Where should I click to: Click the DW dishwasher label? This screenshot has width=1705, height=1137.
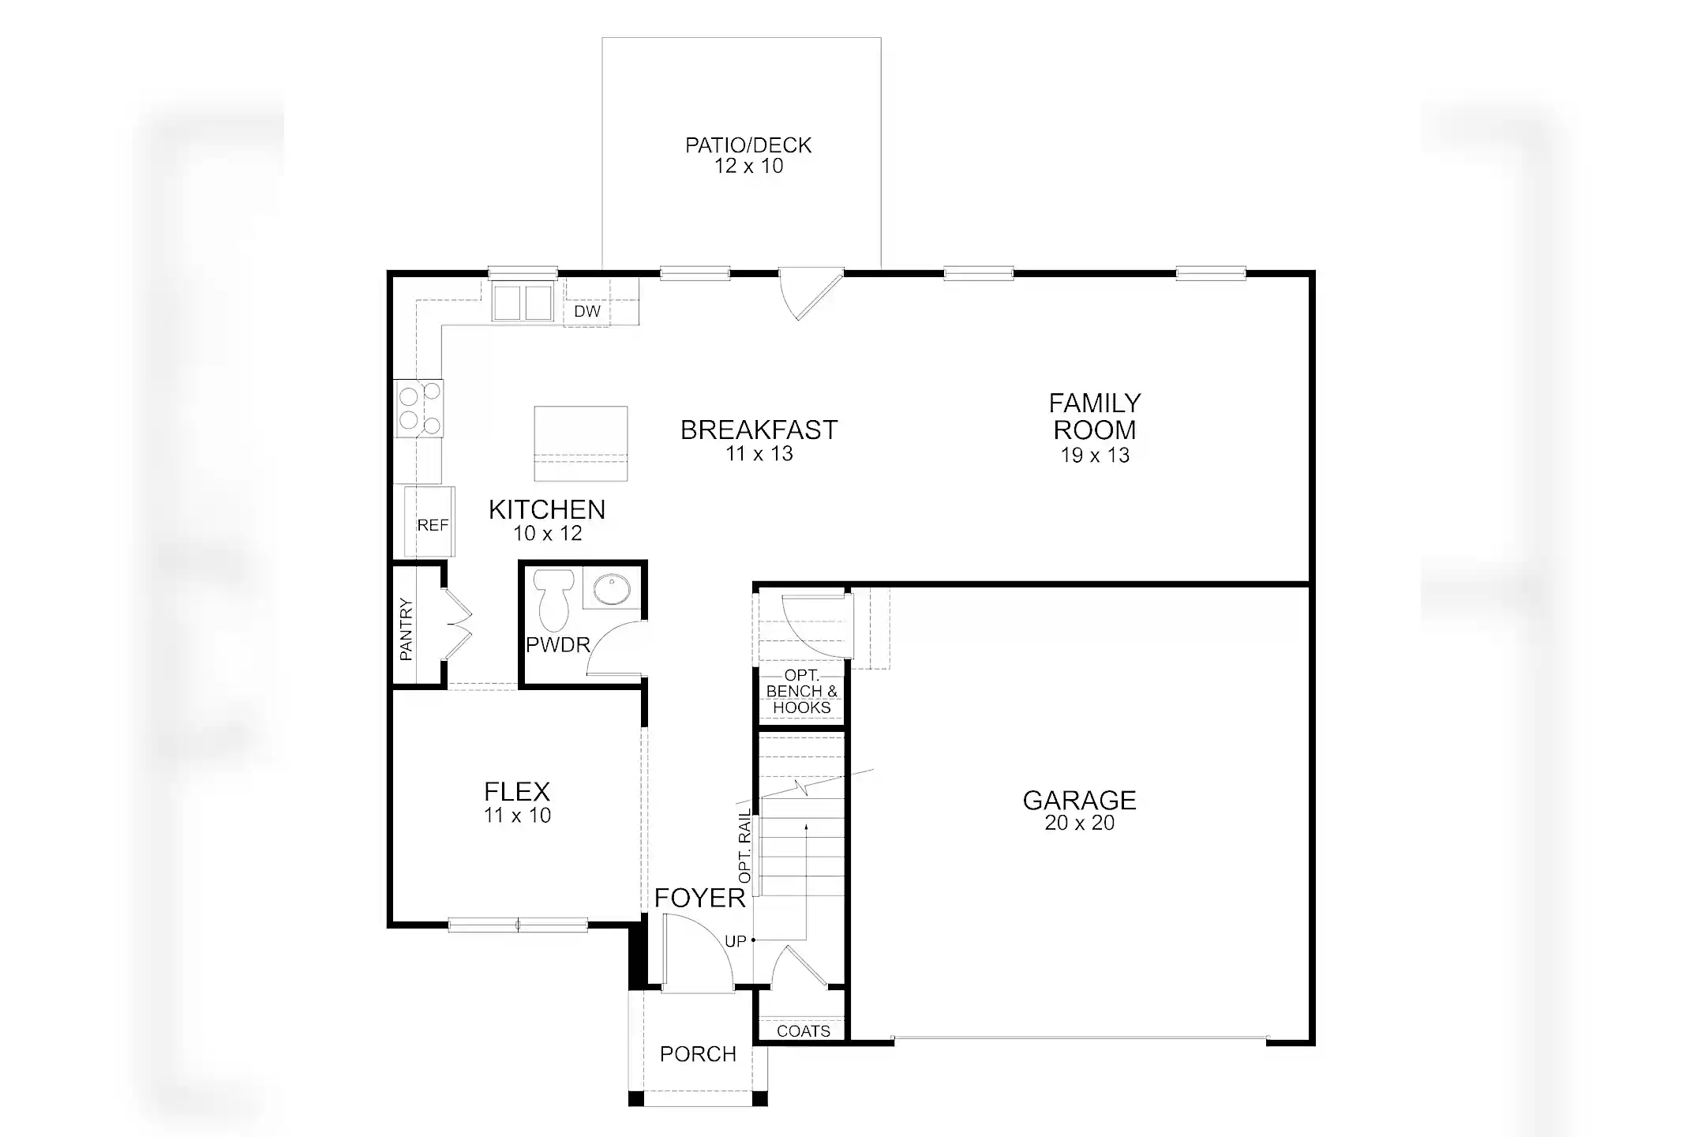587,311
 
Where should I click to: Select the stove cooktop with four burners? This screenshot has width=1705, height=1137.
419,408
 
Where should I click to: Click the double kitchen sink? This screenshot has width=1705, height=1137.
522,303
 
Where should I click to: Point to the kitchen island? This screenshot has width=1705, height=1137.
581,443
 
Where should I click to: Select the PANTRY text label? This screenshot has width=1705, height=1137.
406,629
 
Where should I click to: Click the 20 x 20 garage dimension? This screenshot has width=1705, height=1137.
1079,823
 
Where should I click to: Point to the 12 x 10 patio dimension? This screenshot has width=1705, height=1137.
748,166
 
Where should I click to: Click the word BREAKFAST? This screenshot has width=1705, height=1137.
759,430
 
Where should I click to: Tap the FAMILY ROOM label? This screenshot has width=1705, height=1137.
1094,417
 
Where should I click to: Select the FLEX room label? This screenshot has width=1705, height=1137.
517,791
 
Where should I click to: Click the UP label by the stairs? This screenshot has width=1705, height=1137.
735,941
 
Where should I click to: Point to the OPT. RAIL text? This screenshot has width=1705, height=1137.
744,846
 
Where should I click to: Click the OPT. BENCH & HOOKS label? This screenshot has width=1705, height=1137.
801,692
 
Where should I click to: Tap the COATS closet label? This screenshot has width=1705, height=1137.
803,1031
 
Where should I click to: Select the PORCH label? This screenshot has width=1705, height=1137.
698,1054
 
